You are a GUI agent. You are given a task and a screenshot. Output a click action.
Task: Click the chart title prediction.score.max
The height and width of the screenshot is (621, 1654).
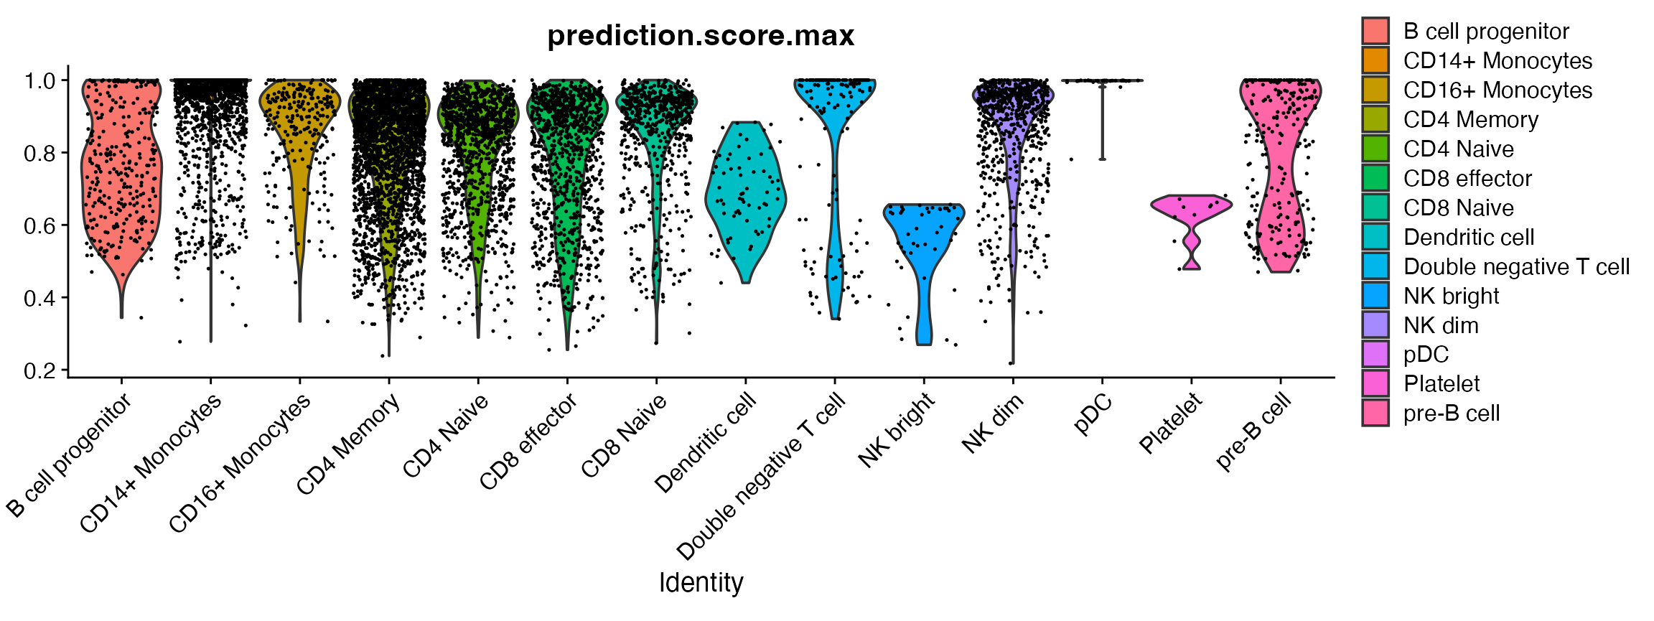(x=700, y=36)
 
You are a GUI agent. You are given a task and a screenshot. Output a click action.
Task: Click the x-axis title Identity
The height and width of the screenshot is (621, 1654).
(x=701, y=582)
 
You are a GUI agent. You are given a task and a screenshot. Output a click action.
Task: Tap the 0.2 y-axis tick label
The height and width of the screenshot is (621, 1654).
(x=40, y=371)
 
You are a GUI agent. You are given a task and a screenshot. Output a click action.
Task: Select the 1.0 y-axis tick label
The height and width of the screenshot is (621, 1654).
(x=40, y=80)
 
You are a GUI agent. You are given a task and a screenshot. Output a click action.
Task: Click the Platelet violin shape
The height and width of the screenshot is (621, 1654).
(x=1191, y=208)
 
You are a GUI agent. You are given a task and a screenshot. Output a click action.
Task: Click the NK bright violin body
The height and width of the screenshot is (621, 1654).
(x=924, y=237)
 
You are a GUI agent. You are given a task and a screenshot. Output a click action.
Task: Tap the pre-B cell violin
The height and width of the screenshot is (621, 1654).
(x=1280, y=179)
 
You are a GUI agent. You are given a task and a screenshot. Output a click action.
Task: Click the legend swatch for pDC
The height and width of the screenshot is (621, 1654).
(x=1375, y=355)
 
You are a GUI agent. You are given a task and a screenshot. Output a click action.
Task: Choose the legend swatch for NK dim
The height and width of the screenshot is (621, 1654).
(x=1375, y=325)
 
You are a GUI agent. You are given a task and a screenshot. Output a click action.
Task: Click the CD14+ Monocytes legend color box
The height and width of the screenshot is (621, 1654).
(x=1375, y=60)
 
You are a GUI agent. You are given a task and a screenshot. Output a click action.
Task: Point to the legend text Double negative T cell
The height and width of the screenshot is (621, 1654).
(x=1516, y=267)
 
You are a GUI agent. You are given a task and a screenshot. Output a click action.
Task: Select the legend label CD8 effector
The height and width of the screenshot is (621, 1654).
(x=1467, y=179)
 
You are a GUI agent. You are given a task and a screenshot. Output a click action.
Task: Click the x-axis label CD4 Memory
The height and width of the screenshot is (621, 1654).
(x=348, y=445)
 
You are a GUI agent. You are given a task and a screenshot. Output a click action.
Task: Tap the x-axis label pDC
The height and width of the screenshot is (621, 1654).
(x=1093, y=414)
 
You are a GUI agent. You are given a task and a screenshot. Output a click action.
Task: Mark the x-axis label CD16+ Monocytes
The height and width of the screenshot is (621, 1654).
(x=240, y=463)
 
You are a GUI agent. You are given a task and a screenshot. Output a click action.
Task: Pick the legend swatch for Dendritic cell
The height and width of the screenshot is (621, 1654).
(x=1375, y=237)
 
